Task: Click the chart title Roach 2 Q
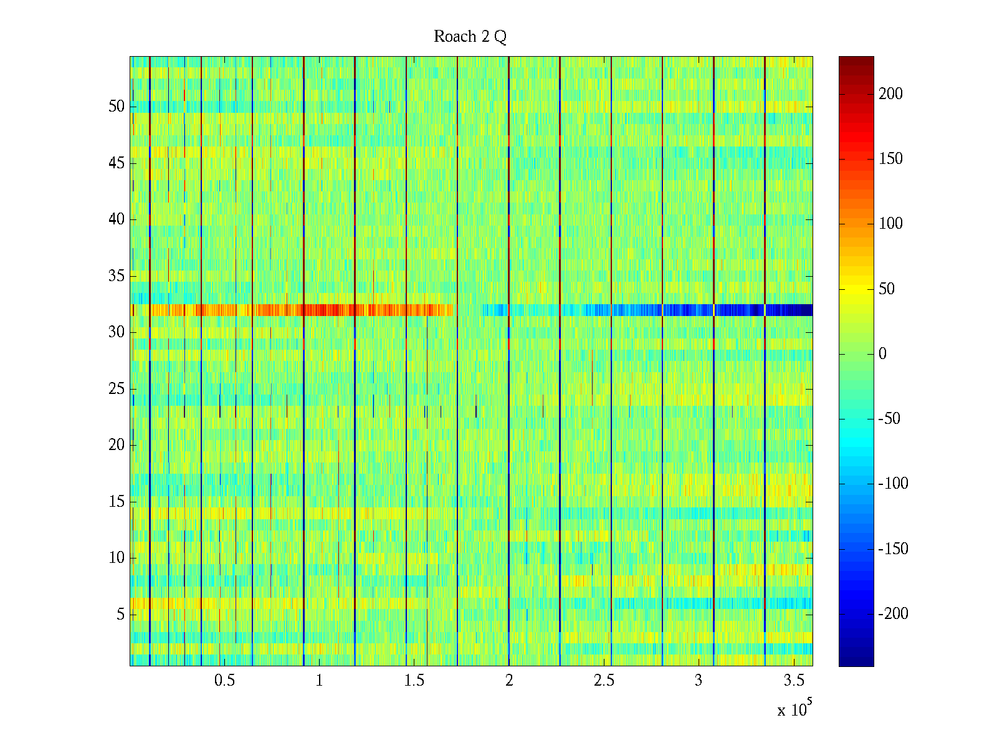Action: [470, 37]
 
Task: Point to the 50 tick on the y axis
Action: [117, 107]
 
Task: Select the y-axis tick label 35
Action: [117, 276]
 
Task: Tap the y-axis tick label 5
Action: [120, 615]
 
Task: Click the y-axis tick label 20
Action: [117, 445]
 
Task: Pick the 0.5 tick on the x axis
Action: [224, 681]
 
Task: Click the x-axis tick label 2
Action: [509, 681]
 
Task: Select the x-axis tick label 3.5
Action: [794, 681]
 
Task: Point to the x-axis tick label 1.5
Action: [414, 681]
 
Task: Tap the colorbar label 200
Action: [890, 94]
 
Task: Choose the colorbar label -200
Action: [893, 614]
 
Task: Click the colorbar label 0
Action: [882, 354]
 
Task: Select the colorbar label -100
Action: [893, 484]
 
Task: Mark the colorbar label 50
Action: [887, 289]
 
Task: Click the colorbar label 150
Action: [890, 159]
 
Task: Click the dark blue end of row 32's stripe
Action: [791, 310]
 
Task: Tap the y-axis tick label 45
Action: [117, 163]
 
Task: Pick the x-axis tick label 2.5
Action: [604, 681]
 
